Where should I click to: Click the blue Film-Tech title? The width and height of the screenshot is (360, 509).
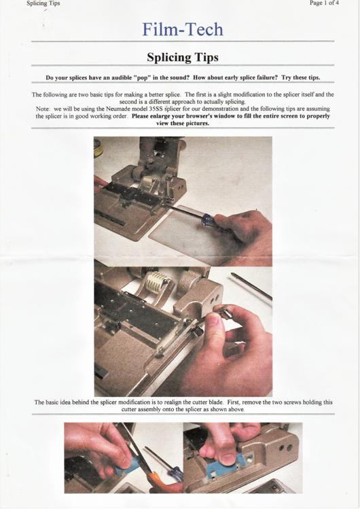[x=182, y=29]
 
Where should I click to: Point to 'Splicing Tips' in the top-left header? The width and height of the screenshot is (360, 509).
[x=43, y=3]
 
